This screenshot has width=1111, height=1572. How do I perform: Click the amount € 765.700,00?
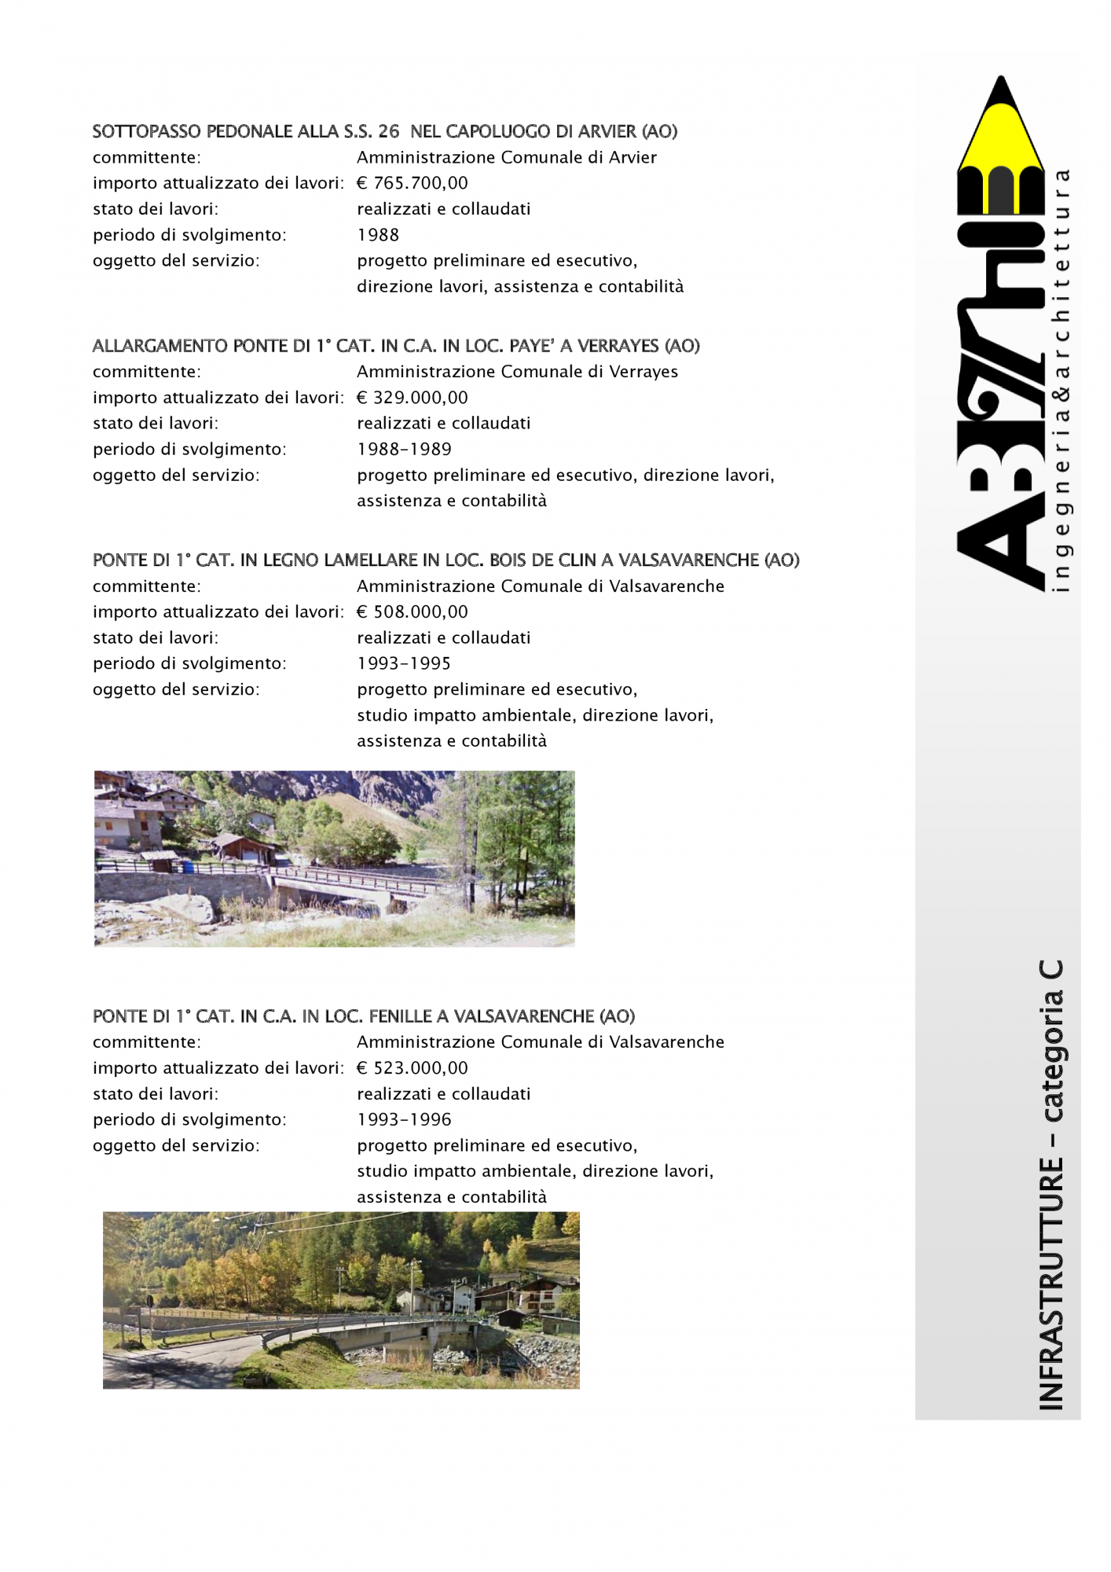click(412, 183)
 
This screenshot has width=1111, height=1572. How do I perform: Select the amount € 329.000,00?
click(412, 398)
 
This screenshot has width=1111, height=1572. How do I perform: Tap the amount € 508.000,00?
click(412, 612)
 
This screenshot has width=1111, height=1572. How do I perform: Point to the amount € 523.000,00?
click(412, 1068)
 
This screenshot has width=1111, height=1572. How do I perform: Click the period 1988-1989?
click(404, 449)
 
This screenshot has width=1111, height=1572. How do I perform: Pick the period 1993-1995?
click(404, 663)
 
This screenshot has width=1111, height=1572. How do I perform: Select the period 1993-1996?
click(404, 1119)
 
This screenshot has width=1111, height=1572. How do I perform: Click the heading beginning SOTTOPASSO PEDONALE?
click(384, 131)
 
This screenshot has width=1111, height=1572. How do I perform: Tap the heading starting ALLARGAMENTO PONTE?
click(396, 346)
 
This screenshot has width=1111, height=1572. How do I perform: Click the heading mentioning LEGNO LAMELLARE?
click(445, 560)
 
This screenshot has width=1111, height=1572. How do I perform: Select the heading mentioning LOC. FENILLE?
click(363, 1016)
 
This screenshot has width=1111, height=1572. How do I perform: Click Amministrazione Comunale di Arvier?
click(506, 157)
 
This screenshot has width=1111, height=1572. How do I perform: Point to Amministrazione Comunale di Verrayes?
click(517, 372)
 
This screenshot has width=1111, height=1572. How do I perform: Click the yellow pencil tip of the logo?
click(1000, 126)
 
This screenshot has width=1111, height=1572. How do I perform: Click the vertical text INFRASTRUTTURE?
click(1051, 1284)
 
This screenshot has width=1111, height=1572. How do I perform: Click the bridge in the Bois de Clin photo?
click(354, 884)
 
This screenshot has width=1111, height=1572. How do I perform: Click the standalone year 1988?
click(378, 235)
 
